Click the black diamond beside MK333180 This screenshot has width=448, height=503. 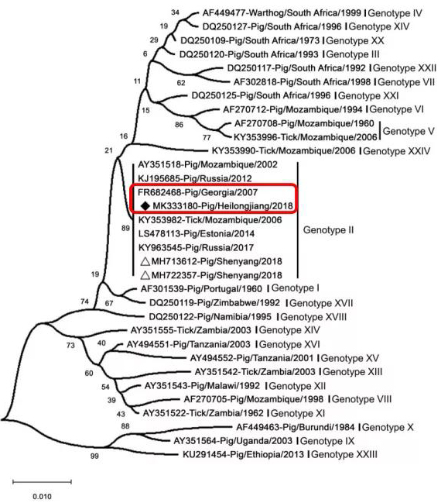(145, 206)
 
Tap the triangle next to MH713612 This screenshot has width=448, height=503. (145, 261)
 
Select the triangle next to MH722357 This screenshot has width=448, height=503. (145, 275)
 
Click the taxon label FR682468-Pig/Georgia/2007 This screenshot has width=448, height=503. (197, 192)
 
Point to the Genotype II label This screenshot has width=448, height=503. (328, 230)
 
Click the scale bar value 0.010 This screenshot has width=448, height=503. (42, 496)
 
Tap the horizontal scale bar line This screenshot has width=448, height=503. (42, 481)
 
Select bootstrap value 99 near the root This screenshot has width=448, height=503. (94, 456)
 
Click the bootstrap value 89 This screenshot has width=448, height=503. (125, 228)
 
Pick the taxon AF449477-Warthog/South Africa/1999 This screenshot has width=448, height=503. (282, 13)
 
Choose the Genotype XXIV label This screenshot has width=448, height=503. (396, 151)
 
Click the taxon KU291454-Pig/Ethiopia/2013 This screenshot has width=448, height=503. (243, 454)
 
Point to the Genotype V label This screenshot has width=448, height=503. (409, 131)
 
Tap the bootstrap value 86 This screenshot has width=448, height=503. (179, 125)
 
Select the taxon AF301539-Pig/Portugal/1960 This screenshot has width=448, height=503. (201, 289)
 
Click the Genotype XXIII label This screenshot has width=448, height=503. (344, 454)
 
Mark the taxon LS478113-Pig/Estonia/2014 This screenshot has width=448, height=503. (197, 233)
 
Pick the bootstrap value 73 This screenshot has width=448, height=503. (70, 345)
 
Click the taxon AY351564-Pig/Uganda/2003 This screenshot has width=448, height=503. (233, 441)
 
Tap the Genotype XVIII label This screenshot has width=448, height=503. (313, 317)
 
